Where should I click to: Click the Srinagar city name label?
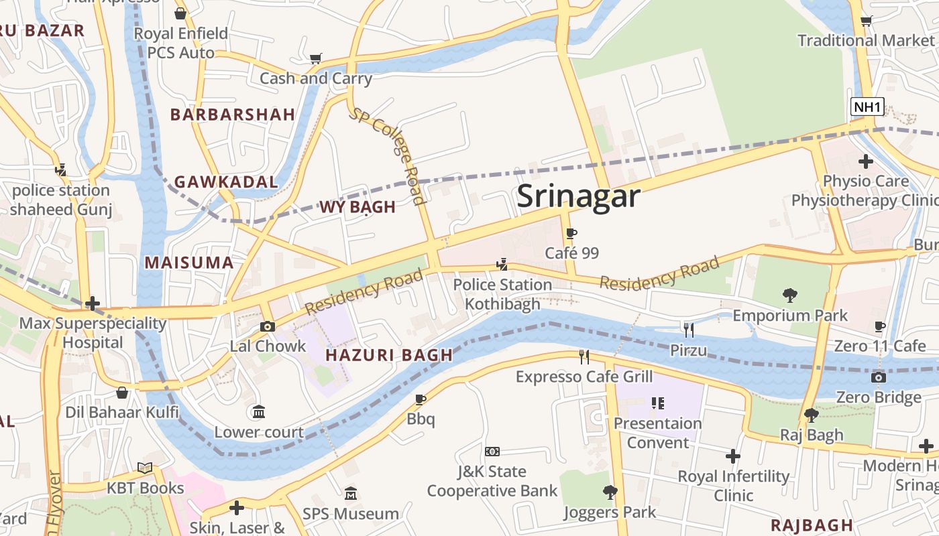(578, 196)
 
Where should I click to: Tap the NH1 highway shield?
(867, 107)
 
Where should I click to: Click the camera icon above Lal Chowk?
(268, 326)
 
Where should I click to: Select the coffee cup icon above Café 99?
(571, 234)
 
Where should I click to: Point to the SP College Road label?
(388, 155)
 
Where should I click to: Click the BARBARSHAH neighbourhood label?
(233, 115)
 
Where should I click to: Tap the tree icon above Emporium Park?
(790, 295)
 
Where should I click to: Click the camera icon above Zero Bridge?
(878, 377)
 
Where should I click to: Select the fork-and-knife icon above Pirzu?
(688, 330)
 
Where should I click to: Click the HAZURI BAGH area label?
(389, 356)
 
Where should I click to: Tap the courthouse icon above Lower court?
(258, 411)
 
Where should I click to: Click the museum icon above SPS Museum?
(350, 494)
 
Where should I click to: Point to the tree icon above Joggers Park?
(610, 492)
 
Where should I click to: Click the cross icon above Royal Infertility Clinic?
(733, 456)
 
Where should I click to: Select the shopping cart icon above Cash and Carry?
(315, 58)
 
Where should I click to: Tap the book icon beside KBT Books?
(145, 468)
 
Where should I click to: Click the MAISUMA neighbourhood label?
(189, 263)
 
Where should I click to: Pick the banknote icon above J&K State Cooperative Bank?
(492, 452)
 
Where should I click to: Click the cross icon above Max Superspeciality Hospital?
(93, 304)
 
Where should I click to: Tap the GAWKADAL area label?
(226, 182)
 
